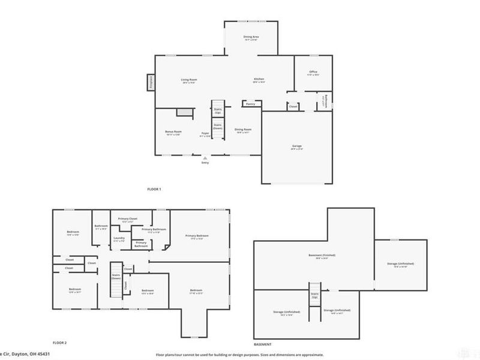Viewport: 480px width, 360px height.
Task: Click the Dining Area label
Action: pyautogui.click(x=251, y=37)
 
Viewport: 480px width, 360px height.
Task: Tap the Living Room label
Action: pyautogui.click(x=190, y=79)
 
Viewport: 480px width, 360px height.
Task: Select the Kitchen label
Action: pyautogui.click(x=259, y=79)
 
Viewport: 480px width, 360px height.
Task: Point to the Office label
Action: pyautogui.click(x=313, y=72)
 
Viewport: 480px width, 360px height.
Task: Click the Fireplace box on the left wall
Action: pyautogui.click(x=151, y=82)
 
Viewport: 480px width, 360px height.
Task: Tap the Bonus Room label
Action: pyautogui.click(x=173, y=131)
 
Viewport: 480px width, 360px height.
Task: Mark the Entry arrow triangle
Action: pyautogui.click(x=205, y=158)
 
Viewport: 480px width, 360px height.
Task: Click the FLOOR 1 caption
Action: pyautogui.click(x=154, y=189)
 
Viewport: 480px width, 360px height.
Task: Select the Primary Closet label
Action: pyautogui.click(x=128, y=218)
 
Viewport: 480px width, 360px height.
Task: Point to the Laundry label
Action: pyautogui.click(x=119, y=238)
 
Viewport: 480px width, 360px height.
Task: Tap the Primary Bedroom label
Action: pyautogui.click(x=197, y=236)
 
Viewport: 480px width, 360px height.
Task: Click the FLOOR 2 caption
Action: pyautogui.click(x=59, y=343)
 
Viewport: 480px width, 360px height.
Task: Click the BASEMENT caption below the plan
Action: pyautogui.click(x=262, y=344)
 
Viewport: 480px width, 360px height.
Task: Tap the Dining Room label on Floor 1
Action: pyautogui.click(x=242, y=130)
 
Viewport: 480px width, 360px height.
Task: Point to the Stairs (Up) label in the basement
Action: pyautogui.click(x=314, y=294)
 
